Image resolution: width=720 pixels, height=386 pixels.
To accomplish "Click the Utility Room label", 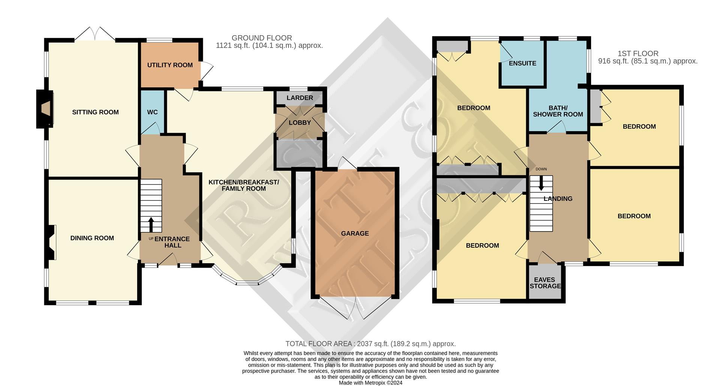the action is pos(170,65).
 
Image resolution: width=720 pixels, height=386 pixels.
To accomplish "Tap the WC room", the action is pos(153,112).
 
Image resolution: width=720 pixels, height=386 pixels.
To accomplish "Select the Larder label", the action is pos(300,98).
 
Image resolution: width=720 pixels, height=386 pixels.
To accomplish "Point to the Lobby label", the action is pos(300,123).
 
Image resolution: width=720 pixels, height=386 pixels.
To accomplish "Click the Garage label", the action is pos(355,233).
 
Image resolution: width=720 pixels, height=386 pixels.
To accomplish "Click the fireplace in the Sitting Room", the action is pos(45,109).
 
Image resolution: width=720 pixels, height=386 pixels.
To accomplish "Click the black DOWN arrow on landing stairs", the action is pos(541,184).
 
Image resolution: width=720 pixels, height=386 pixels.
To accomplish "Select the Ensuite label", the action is pos(522,63).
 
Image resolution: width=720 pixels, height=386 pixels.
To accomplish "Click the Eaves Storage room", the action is pos(545,282).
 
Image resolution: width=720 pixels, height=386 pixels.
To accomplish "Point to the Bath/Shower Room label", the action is pos(558,111).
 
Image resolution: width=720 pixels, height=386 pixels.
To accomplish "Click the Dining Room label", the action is pos(92,238).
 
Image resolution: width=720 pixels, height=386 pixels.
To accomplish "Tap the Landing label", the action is pos(558,199).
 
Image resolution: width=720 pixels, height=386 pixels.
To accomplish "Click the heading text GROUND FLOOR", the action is pos(262,38).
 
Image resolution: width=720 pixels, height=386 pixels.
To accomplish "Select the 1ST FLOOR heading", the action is pos(638,54).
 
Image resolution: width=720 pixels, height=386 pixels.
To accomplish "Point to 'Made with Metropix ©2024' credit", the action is pos(370,383).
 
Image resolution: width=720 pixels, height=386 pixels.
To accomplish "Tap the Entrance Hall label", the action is pos(172,242).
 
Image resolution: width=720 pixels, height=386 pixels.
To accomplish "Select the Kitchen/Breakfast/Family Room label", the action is pos(244,186).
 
